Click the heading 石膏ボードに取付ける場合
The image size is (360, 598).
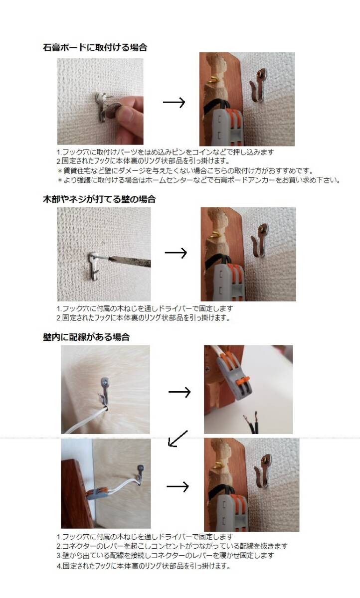[x=95, y=47]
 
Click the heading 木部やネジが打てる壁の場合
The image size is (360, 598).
[x=99, y=199]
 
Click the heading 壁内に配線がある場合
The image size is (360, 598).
[x=86, y=337]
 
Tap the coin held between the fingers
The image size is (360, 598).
[x=112, y=111]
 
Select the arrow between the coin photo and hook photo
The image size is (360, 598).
[x=174, y=102]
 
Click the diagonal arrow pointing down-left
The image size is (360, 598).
[x=178, y=439]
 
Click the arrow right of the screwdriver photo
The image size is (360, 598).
[x=176, y=253]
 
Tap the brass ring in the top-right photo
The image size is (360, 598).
[x=214, y=79]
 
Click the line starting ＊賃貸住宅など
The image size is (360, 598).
[x=185, y=170]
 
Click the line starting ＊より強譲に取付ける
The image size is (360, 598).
[x=199, y=180]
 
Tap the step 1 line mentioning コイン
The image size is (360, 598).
[x=166, y=152]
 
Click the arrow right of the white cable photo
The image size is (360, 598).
[x=180, y=392]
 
